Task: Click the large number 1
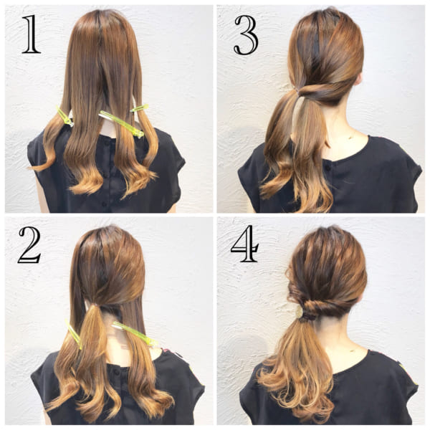click(32, 34)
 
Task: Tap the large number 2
click(29, 245)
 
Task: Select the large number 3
click(246, 35)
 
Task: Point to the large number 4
click(244, 244)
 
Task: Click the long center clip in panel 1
click(122, 124)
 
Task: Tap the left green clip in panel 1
click(64, 117)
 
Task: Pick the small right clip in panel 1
click(139, 108)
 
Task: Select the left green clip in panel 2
click(74, 334)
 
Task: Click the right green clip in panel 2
click(135, 333)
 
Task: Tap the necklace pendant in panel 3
click(350, 138)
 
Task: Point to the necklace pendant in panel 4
click(352, 350)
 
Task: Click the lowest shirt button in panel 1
click(104, 204)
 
